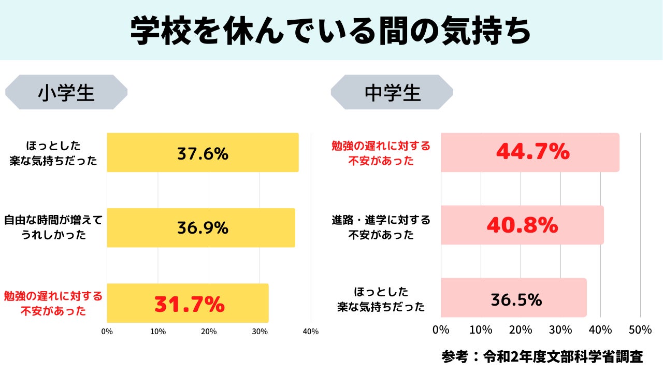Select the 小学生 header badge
click(x=66, y=92)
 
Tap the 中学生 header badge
click(x=392, y=92)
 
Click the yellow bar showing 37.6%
click(x=203, y=153)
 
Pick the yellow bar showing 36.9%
click(x=201, y=228)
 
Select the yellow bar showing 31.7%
click(x=188, y=303)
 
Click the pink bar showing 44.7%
click(x=530, y=152)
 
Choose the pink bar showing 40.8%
click(x=522, y=225)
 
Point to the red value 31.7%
click(x=190, y=305)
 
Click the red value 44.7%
click(x=533, y=152)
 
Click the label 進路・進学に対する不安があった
click(x=381, y=227)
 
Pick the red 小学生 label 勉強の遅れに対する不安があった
click(x=53, y=304)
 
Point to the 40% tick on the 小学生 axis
click(x=311, y=332)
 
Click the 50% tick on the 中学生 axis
click(x=640, y=329)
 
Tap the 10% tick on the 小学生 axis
click(x=158, y=332)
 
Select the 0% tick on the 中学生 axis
click(x=441, y=329)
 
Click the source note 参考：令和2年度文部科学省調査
click(x=542, y=356)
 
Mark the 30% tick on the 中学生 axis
click(x=560, y=329)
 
